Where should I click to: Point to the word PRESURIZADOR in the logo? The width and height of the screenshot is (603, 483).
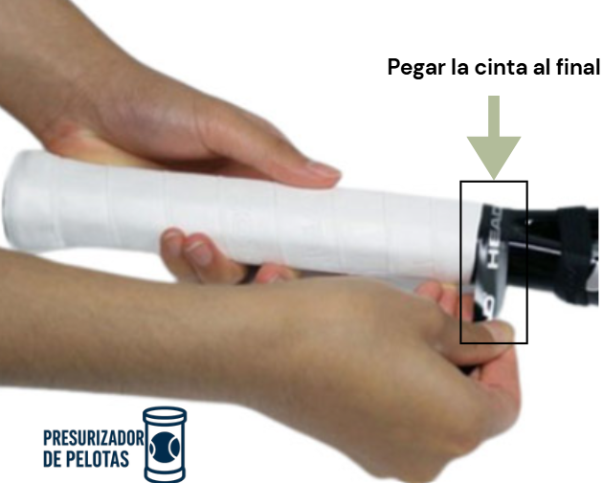(94, 438)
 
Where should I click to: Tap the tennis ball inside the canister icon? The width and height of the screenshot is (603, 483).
(165, 448)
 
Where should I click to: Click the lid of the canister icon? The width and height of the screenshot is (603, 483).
(165, 414)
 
